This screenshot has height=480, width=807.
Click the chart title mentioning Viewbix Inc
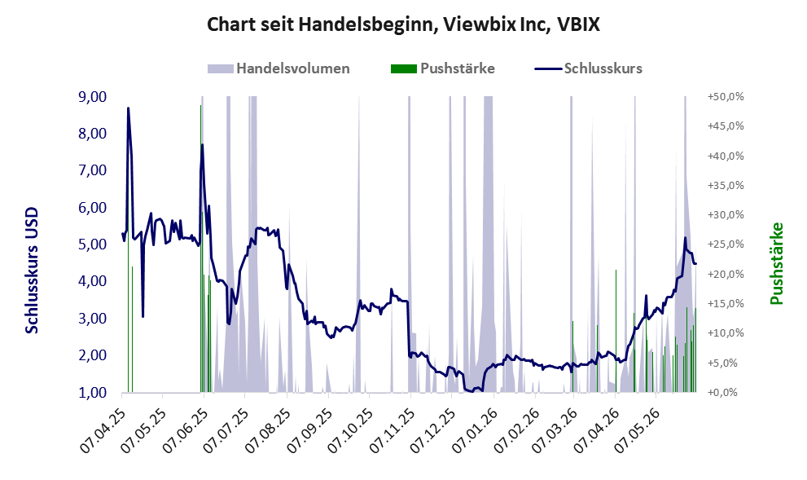[403, 24]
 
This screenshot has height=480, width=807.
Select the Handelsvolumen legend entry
[279, 68]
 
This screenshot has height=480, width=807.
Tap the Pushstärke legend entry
[443, 68]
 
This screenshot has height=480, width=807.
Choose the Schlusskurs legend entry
[588, 68]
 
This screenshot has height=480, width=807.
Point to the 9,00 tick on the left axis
[92, 97]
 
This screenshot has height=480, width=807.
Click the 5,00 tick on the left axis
[92, 244]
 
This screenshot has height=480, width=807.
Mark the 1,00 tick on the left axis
[92, 393]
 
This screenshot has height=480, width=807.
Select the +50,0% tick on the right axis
[726, 97]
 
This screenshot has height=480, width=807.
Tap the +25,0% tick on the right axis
[726, 244]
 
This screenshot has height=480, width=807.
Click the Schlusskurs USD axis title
[32, 271]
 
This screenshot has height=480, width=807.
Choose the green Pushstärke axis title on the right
[776, 263]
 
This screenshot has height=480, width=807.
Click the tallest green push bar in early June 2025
[200, 249]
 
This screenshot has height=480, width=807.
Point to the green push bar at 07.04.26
[616, 331]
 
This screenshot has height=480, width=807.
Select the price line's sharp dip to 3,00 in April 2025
[143, 316]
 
